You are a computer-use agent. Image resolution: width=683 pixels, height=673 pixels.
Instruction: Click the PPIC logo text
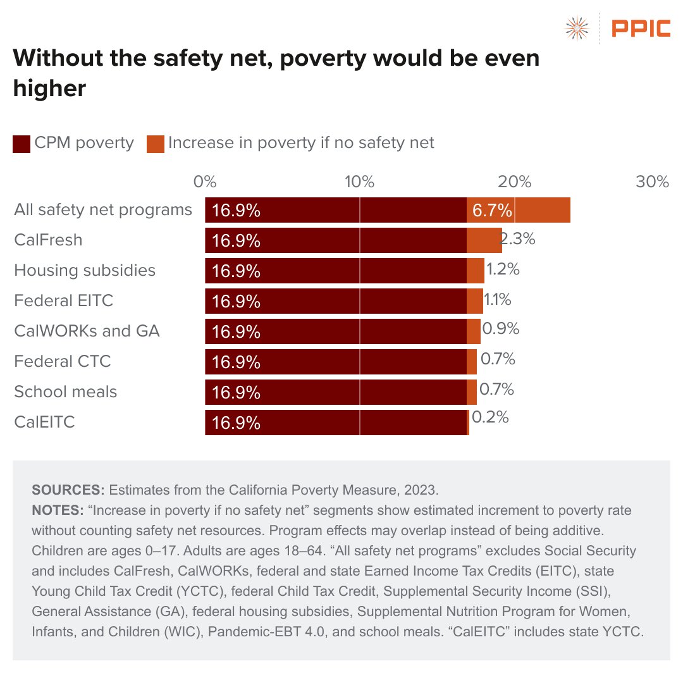[x=640, y=28]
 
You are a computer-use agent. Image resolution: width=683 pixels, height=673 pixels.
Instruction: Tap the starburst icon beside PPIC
[x=577, y=28]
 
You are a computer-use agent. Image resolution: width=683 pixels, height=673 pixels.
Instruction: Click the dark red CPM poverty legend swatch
[x=22, y=144]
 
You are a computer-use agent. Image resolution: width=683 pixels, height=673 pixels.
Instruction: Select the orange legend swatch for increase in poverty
[x=156, y=144]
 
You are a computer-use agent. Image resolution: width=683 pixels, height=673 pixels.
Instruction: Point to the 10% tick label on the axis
[x=359, y=182]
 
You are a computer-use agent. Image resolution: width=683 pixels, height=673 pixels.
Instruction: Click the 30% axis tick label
[x=652, y=182]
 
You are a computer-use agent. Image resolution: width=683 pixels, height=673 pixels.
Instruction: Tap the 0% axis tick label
[x=205, y=182]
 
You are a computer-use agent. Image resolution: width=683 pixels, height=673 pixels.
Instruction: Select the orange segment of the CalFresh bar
[x=484, y=240]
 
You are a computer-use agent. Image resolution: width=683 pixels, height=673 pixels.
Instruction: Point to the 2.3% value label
[x=519, y=240]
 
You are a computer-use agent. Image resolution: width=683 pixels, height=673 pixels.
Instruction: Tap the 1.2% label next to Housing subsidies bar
[x=503, y=269]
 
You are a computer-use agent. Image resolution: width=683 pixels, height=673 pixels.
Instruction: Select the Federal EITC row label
[x=63, y=300]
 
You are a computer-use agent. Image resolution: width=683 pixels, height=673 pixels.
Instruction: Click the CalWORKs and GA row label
[x=87, y=330]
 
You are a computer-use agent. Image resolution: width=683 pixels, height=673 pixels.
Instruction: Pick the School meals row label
[x=65, y=392]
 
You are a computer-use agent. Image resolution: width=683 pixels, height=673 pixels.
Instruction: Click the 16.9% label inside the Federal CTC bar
[x=236, y=362]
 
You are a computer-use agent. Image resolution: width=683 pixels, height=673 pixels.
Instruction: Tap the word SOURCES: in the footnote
[x=68, y=490]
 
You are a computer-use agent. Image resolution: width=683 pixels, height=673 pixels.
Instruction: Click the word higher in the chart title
[x=49, y=88]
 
